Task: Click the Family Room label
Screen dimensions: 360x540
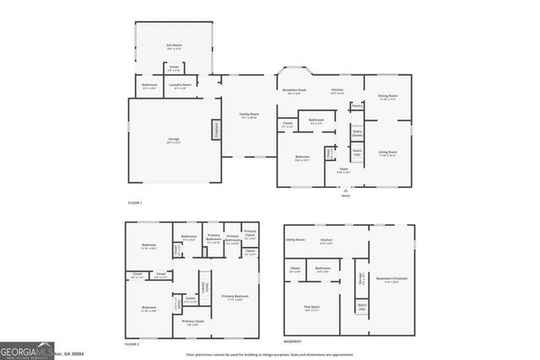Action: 248,115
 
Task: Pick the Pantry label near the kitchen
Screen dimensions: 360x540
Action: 357,106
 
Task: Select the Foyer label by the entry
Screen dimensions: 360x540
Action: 344,169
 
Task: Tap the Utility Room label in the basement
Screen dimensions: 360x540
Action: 294,239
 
